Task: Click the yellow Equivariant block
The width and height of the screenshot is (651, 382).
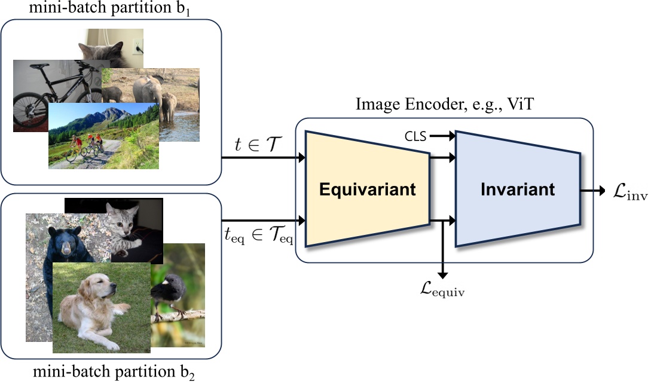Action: point(366,190)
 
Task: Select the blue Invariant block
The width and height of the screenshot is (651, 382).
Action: point(518,190)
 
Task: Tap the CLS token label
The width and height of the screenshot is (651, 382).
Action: point(415,136)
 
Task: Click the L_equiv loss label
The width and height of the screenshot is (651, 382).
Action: point(443,292)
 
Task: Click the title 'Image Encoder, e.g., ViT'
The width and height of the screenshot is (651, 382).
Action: point(444,105)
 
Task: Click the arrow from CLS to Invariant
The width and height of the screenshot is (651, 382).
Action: point(442,137)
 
